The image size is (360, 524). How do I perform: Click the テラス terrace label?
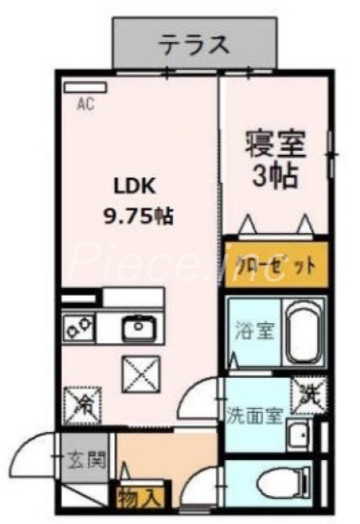tap(194, 45)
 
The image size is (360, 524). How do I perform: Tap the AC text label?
tap(86, 103)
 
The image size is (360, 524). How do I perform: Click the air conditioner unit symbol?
tap(85, 86)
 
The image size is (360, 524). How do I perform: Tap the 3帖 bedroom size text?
tap(275, 176)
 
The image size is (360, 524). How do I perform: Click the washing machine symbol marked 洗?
tap(307, 396)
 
